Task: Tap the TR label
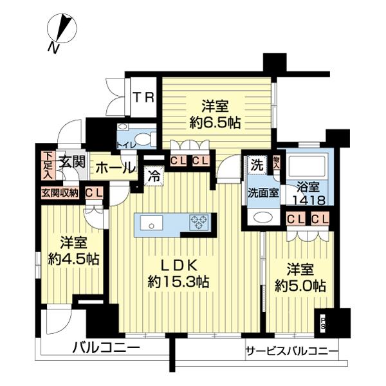click(143, 98)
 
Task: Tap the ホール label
click(115, 168)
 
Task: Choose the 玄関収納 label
click(60, 192)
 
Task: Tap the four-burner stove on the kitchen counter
click(199, 223)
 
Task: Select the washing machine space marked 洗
click(255, 164)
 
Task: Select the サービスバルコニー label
click(291, 351)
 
